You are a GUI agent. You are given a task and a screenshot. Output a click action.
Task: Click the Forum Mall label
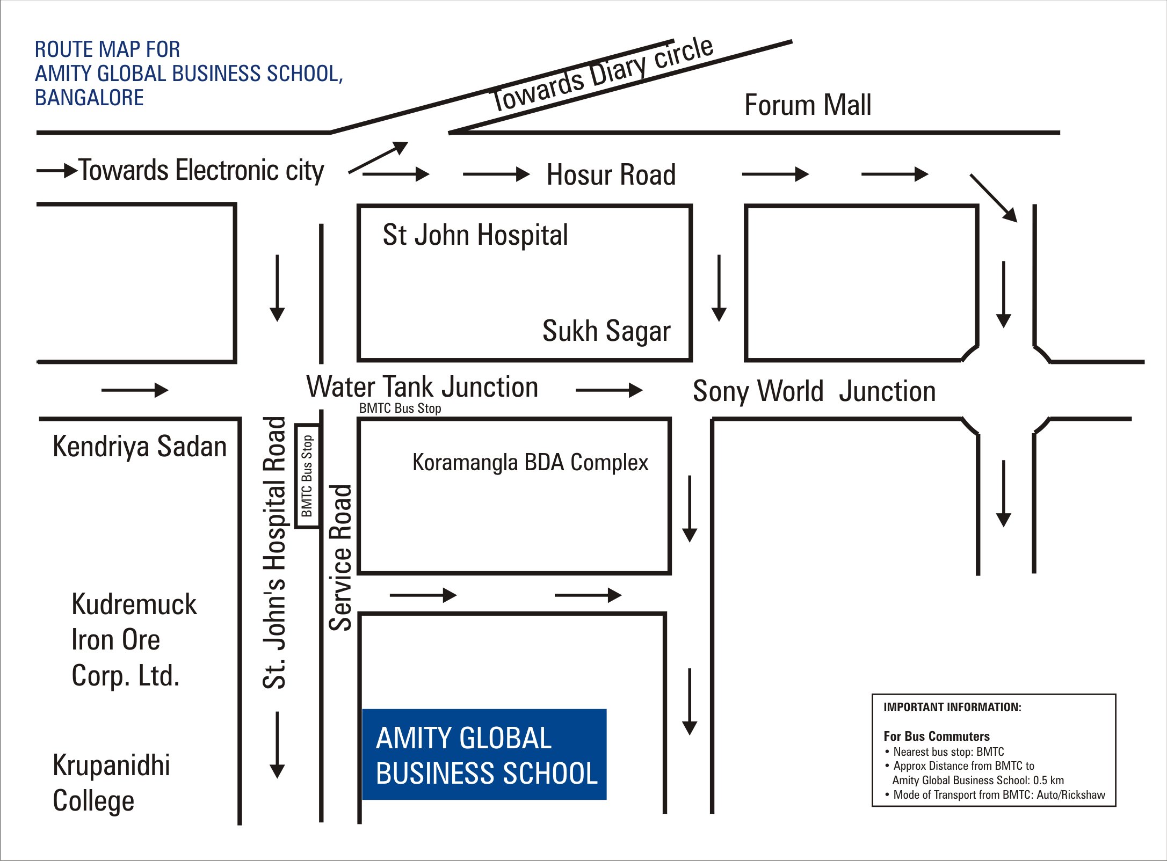tap(808, 105)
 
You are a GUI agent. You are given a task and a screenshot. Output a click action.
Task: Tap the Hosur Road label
tap(611, 175)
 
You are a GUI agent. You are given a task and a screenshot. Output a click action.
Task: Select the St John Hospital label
tap(475, 235)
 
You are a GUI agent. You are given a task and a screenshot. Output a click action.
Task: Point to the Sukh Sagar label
tap(606, 331)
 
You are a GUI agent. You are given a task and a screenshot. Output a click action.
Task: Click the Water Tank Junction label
tap(422, 387)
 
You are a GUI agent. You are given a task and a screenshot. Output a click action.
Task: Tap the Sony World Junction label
tap(814, 391)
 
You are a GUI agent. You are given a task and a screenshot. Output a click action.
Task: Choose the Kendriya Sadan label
tap(140, 447)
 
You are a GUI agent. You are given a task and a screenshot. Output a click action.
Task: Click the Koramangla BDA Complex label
tap(530, 463)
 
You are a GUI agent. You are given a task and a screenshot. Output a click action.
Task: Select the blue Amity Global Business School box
tap(484, 754)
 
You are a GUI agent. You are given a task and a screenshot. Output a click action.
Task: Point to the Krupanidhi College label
tap(111, 783)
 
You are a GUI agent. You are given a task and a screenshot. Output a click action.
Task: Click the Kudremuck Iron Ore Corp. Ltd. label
tap(134, 640)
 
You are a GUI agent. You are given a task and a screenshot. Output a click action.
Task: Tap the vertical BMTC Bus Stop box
tap(307, 476)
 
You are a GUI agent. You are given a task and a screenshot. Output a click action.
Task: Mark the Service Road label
tap(340, 558)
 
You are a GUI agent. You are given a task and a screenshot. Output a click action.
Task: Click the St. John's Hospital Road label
tap(274, 552)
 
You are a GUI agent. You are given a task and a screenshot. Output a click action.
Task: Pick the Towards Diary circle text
tap(602, 75)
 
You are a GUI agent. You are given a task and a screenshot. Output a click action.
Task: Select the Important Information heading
tap(952, 707)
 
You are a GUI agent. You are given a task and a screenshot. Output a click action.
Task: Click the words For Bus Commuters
tap(937, 736)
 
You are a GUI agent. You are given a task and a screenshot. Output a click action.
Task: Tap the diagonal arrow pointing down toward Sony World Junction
tap(994, 198)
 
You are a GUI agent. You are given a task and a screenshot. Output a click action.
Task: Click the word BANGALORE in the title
tap(89, 98)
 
